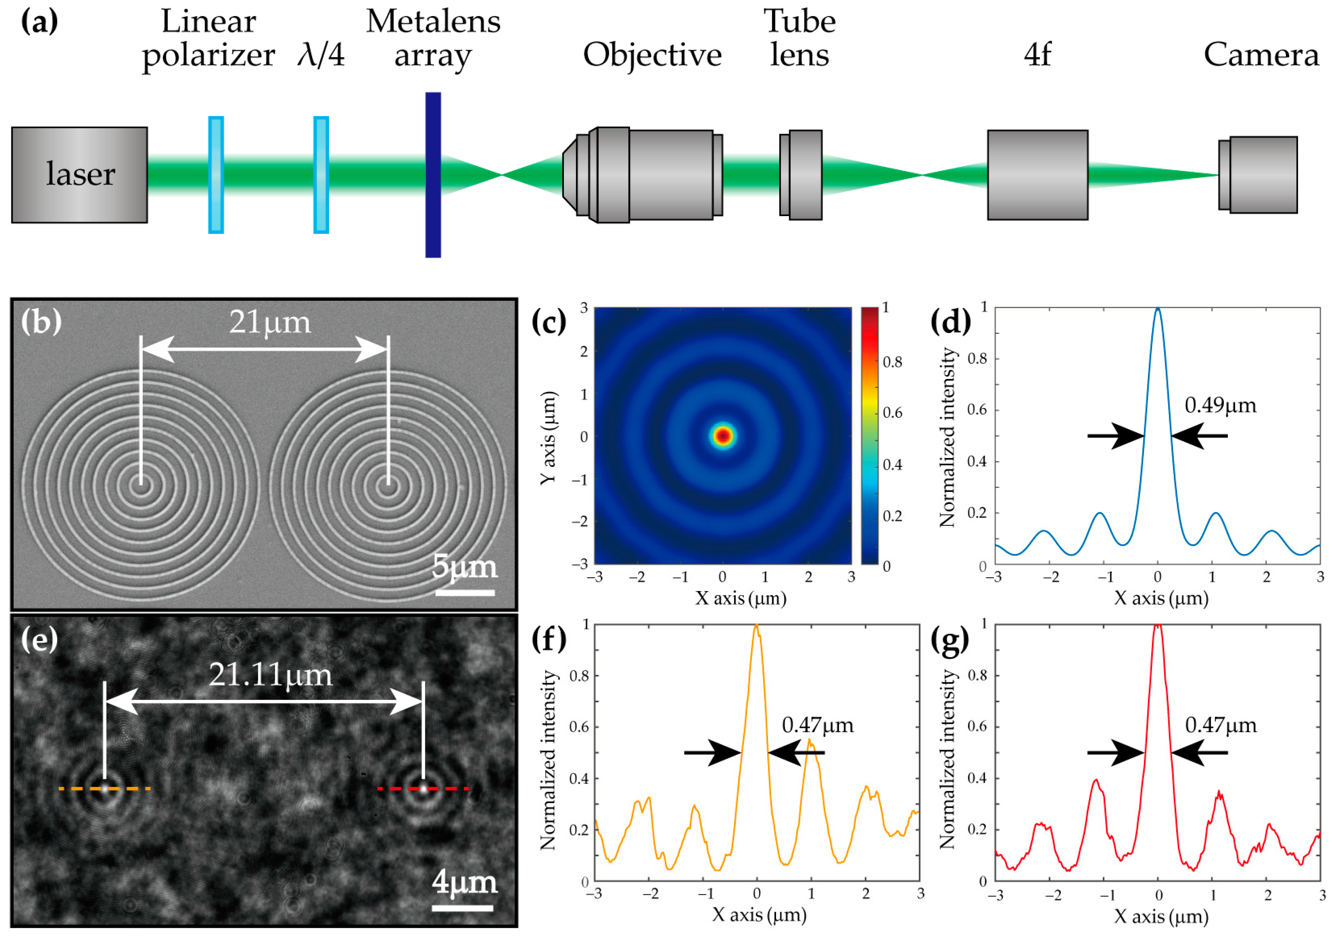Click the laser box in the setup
[x=79, y=175]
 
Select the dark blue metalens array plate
[x=433, y=175]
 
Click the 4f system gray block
[x=1037, y=175]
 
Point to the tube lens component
[x=801, y=175]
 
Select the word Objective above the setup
[x=652, y=55]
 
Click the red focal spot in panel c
[x=722, y=435]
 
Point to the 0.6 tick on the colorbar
[x=891, y=413]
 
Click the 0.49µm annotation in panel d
[x=1220, y=405]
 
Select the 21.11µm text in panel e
[x=270, y=675]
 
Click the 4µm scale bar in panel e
[x=462, y=908]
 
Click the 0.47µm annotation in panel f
[x=817, y=725]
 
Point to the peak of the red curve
[x=1158, y=626]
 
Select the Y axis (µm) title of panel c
[x=549, y=438]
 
